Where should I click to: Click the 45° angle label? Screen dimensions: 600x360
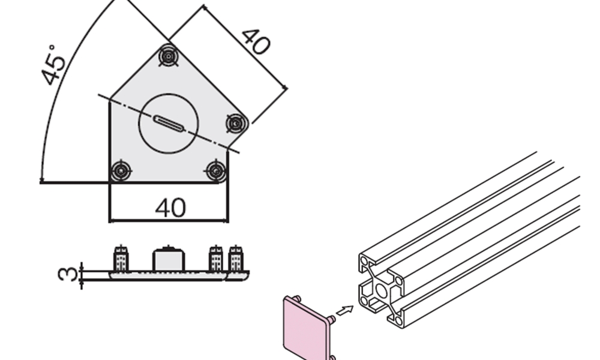pos(54,65)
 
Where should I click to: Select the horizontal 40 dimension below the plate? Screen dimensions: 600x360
pos(170,208)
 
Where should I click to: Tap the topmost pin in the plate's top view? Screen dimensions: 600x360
pos(169,56)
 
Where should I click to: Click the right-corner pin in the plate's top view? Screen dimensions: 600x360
pos(236,124)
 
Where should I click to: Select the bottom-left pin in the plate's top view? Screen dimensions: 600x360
pos(121,170)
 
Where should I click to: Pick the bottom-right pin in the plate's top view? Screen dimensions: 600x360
pos(216,170)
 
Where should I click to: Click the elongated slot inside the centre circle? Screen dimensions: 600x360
pos(169,124)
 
